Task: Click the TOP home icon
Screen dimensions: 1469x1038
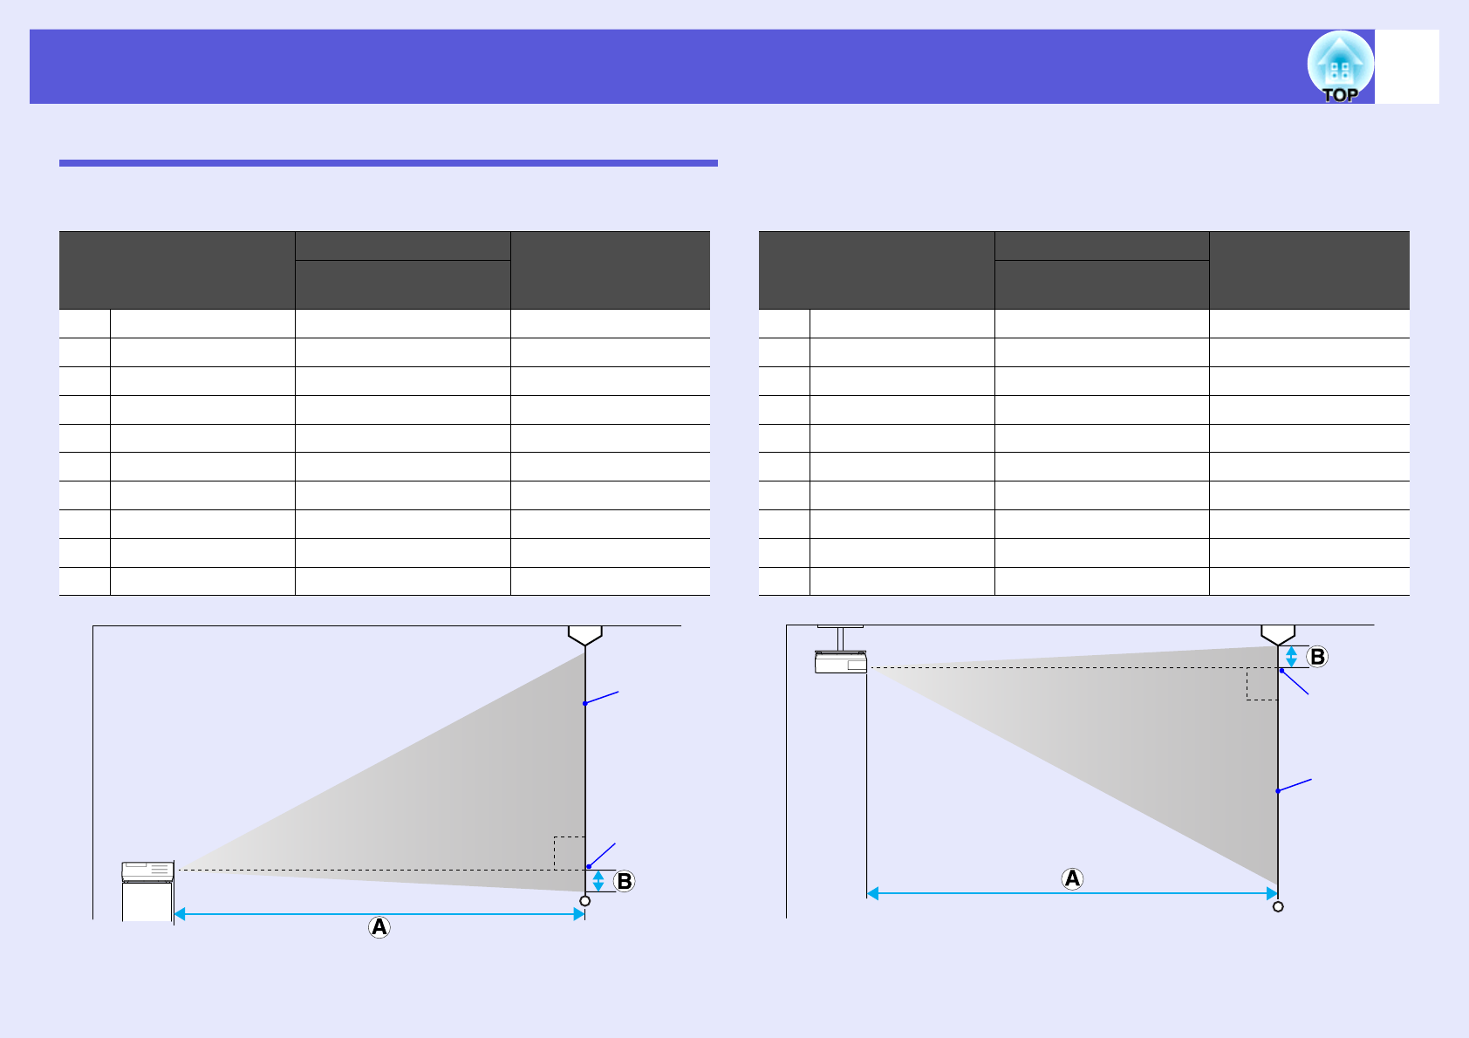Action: click(x=1339, y=67)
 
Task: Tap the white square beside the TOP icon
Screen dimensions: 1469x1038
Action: click(x=1407, y=66)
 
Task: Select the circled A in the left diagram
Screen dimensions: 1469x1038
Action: click(x=379, y=926)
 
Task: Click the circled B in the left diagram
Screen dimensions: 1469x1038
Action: click(x=624, y=881)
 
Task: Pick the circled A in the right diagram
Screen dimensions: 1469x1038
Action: click(x=1072, y=878)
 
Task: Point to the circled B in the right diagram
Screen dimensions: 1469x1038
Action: click(x=1317, y=657)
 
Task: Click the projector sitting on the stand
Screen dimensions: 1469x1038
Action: click(x=147, y=871)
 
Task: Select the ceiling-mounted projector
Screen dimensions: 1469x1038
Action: click(x=841, y=662)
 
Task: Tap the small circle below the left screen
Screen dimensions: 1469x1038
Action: click(x=585, y=901)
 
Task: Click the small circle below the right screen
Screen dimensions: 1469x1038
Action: click(x=1278, y=906)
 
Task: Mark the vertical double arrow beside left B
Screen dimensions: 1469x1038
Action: click(x=598, y=881)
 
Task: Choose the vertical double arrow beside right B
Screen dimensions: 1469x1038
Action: click(x=1292, y=657)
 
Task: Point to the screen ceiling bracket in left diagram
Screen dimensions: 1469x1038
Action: click(x=585, y=635)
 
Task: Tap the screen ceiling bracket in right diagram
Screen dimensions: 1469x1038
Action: click(x=1278, y=634)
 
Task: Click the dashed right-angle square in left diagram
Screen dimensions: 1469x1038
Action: click(x=570, y=853)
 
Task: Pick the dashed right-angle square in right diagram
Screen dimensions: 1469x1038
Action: click(x=1262, y=684)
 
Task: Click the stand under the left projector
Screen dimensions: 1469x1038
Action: click(x=147, y=901)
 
